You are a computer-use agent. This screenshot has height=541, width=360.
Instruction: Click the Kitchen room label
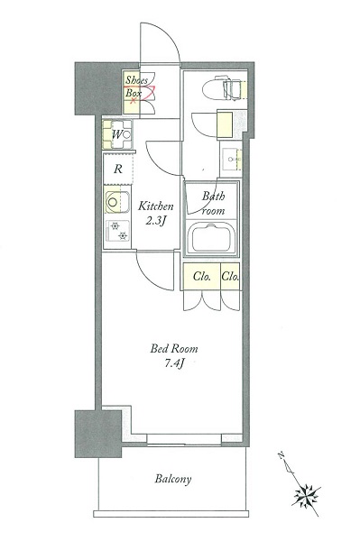[x=156, y=206]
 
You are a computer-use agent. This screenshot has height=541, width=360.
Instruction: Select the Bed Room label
[x=174, y=348]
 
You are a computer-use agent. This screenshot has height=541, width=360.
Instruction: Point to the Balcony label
[x=173, y=479]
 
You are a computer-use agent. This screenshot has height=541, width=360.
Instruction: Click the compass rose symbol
[x=306, y=496]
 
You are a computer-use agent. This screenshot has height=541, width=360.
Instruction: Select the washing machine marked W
[x=117, y=134]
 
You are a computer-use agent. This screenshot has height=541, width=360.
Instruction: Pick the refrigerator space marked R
[x=118, y=169]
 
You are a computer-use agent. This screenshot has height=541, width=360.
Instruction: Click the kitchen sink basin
[x=117, y=202]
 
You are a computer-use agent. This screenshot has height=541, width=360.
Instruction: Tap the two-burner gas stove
[x=118, y=231]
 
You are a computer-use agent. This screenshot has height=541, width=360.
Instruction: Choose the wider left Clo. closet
[x=202, y=276]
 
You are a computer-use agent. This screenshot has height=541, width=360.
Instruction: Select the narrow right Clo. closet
[x=230, y=276]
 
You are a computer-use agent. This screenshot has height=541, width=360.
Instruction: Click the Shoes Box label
[x=135, y=87]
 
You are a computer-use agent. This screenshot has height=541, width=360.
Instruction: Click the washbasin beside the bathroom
[x=231, y=159]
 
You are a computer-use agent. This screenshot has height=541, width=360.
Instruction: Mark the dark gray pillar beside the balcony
[x=98, y=434]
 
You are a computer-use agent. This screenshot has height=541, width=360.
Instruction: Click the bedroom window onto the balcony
[x=184, y=439]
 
